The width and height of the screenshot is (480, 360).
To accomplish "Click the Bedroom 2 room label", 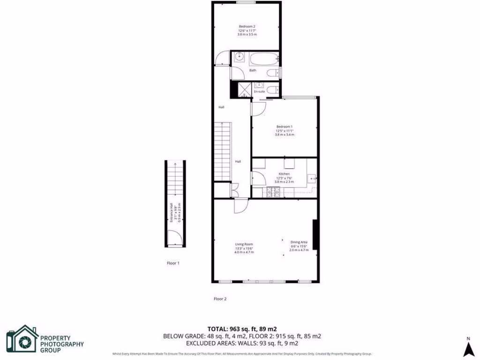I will (x=247, y=27).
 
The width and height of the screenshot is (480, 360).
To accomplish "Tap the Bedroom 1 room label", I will (x=285, y=127).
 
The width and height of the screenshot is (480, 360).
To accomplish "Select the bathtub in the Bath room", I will (x=263, y=60).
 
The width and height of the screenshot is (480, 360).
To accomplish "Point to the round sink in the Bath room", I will (x=239, y=57).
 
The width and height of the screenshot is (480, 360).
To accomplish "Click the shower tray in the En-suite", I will (x=244, y=89).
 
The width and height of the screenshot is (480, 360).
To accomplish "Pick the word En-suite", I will (x=259, y=92).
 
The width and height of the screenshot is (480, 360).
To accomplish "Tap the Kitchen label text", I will (x=284, y=174).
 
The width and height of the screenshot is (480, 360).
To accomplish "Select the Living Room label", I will (x=244, y=244).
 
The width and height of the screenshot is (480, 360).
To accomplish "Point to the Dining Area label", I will (x=299, y=242).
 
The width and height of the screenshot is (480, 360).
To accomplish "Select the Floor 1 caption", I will (x=173, y=263).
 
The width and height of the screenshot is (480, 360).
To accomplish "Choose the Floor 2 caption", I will (x=220, y=299).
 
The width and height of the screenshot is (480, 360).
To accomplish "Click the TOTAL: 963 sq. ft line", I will (x=245, y=329).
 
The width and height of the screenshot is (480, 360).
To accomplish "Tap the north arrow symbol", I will (x=467, y=349).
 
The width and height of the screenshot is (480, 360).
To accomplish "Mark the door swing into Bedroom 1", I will (x=258, y=108).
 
